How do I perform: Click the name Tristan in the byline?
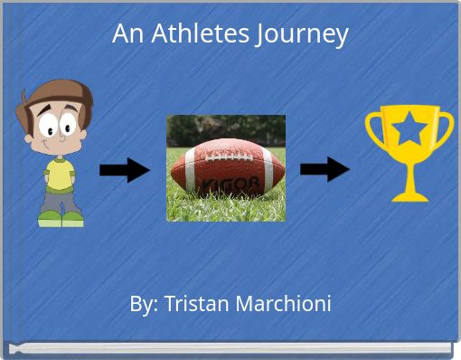199,304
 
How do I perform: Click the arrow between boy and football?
124,170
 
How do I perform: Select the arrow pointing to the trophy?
325,169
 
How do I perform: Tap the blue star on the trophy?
409,130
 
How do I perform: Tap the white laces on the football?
226,156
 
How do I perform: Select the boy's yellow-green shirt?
60,172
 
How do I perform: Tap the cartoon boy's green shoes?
60,218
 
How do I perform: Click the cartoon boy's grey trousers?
60,200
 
